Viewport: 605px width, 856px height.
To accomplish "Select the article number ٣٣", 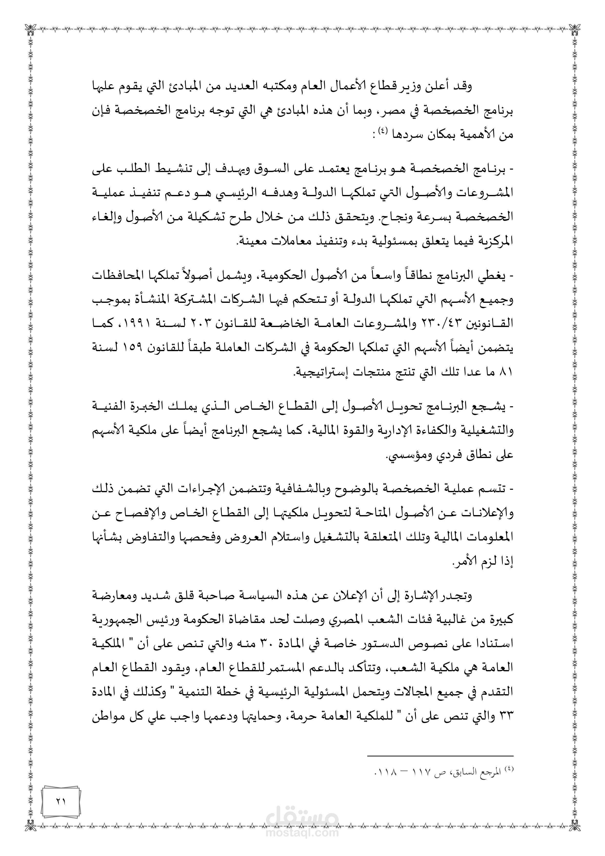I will [506, 716].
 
